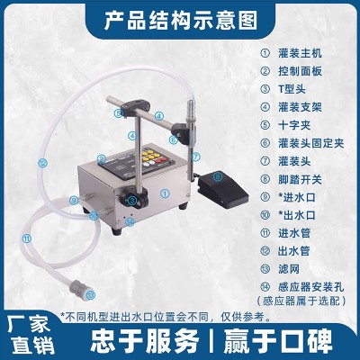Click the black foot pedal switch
[x=222, y=188]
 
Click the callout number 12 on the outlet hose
[x=43, y=163]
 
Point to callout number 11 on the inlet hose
[x=27, y=238]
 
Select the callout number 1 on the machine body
[x=165, y=193]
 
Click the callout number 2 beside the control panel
[x=102, y=158]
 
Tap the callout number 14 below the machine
[x=130, y=221]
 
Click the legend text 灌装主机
[x=300, y=53]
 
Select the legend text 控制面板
[x=300, y=71]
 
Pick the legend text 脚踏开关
[x=300, y=179]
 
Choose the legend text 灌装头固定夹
[x=311, y=143]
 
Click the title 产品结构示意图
[x=181, y=20]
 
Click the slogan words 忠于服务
[x=145, y=341]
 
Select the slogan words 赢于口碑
[x=278, y=341]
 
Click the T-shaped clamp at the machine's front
[x=134, y=199]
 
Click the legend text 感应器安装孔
[x=311, y=287]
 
